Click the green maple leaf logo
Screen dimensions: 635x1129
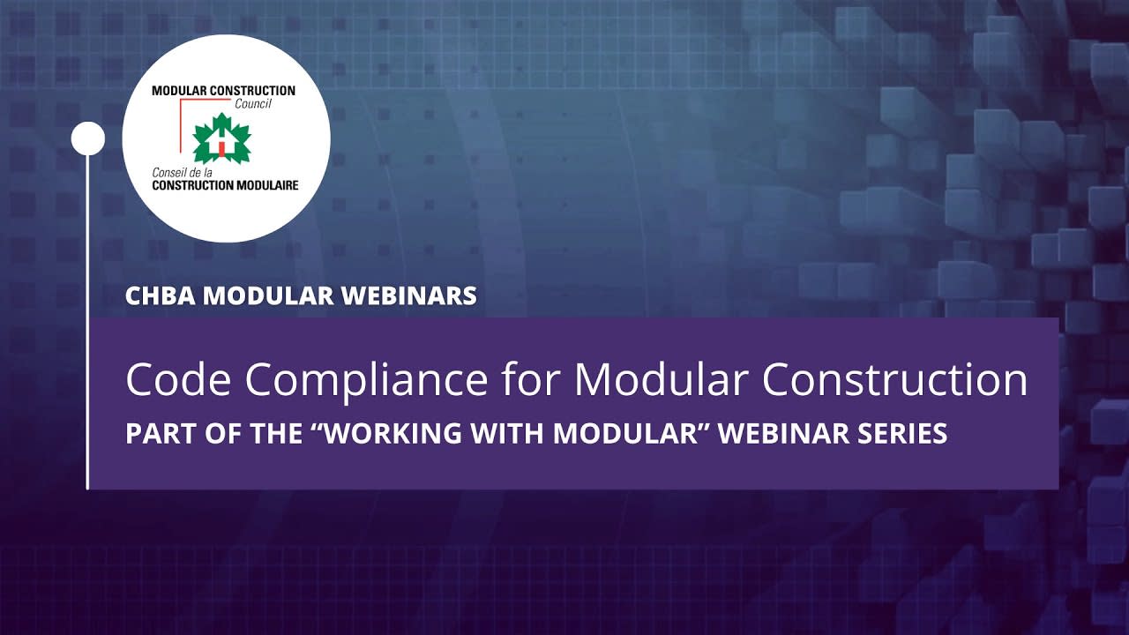(x=221, y=139)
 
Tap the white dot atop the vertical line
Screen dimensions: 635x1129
(x=87, y=138)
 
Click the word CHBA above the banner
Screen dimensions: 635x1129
(x=161, y=295)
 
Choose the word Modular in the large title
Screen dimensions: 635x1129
(x=662, y=380)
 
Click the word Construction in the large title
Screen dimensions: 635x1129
(x=894, y=380)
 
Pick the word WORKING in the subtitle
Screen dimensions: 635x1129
(x=391, y=434)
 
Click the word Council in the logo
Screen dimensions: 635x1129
(x=253, y=103)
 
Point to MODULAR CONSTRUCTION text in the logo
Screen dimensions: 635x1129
(x=223, y=91)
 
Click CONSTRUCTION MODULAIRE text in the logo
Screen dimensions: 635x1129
(x=225, y=185)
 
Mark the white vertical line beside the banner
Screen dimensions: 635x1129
(x=87, y=353)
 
